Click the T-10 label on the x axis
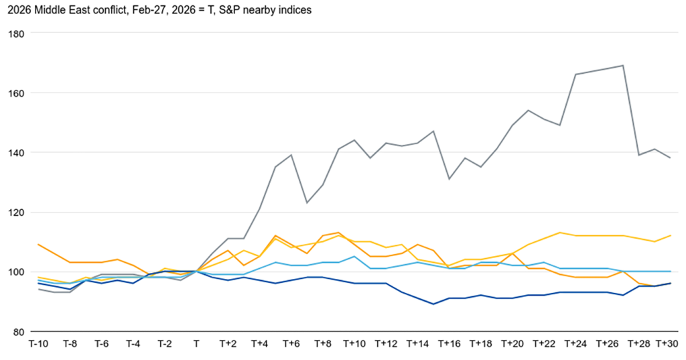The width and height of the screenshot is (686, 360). coord(38,344)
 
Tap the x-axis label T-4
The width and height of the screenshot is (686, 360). coord(133,344)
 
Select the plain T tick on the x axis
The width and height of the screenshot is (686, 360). coord(196,344)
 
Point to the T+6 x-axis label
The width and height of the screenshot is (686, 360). coord(291,344)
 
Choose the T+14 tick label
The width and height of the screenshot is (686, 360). coord(417,344)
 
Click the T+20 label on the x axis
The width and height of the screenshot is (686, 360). coord(512,344)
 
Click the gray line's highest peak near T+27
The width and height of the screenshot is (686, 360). coord(623,66)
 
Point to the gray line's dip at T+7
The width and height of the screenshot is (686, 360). coord(307,202)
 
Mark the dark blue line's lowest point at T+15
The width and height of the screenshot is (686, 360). coord(433,304)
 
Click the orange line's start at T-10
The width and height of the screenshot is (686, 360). coord(38,245)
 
